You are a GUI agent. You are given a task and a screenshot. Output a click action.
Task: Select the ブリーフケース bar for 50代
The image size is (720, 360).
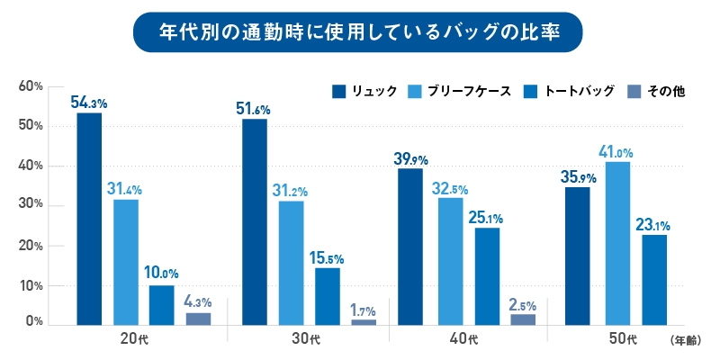617,243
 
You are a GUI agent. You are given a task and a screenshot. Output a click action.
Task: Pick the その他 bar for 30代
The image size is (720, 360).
364,321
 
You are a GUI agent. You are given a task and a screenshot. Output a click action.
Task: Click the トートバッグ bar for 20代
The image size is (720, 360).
162,305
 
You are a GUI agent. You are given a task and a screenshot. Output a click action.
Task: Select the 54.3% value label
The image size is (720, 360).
89,102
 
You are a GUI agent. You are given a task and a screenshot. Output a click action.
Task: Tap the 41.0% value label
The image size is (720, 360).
616,151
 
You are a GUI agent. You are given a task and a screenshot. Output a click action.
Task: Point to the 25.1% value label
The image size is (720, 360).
488,217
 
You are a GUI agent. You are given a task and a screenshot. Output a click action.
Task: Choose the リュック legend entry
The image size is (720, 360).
364,91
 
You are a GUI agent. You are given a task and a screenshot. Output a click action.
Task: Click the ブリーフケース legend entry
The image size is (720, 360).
460,91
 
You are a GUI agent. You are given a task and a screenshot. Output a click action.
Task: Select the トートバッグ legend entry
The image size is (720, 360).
568,91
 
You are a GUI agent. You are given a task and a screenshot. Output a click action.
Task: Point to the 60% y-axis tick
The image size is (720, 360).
31,86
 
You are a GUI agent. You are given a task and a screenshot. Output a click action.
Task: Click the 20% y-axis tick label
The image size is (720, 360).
31,246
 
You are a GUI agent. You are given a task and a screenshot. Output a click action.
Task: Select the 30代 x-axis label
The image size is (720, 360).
307,339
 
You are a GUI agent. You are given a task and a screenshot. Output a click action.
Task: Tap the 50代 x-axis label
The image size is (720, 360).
624,339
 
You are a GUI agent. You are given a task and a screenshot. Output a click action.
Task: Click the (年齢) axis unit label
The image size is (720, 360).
690,341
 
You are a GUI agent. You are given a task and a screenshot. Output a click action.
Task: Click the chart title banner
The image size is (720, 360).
359,32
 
